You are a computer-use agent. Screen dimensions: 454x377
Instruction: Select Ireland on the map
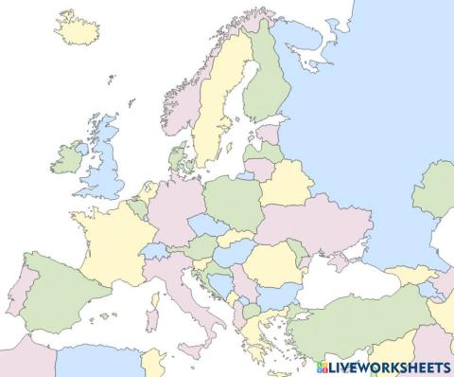[x=68, y=157]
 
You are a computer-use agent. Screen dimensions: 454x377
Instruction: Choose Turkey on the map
[x=350, y=317]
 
